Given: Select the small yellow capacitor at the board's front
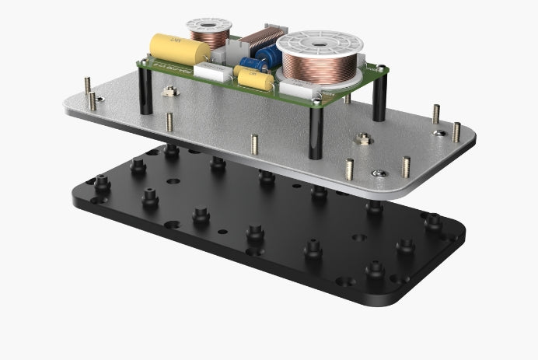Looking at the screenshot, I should (253, 78).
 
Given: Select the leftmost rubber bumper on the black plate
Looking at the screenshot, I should (101, 184).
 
